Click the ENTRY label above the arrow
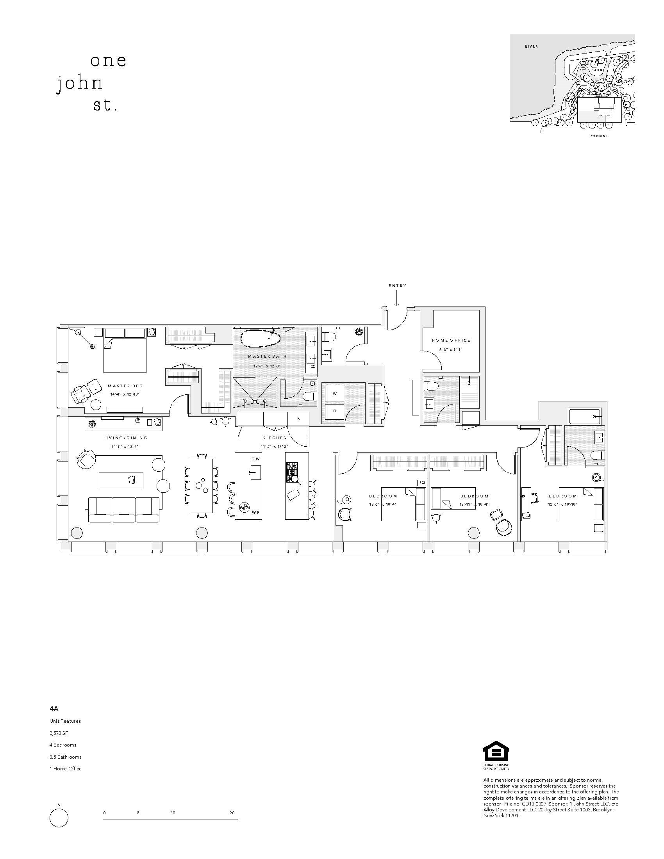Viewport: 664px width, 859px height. (x=397, y=285)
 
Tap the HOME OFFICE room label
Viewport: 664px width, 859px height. (x=451, y=340)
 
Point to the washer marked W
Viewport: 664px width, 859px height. (x=335, y=393)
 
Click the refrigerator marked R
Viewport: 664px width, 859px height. (x=298, y=419)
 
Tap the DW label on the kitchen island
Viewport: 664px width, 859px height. (x=253, y=459)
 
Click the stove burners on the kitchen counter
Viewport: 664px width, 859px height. (x=292, y=472)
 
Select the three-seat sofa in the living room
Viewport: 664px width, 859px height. (x=124, y=509)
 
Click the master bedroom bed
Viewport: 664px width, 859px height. (x=125, y=351)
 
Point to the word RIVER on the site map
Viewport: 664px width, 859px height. (x=531, y=46)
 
